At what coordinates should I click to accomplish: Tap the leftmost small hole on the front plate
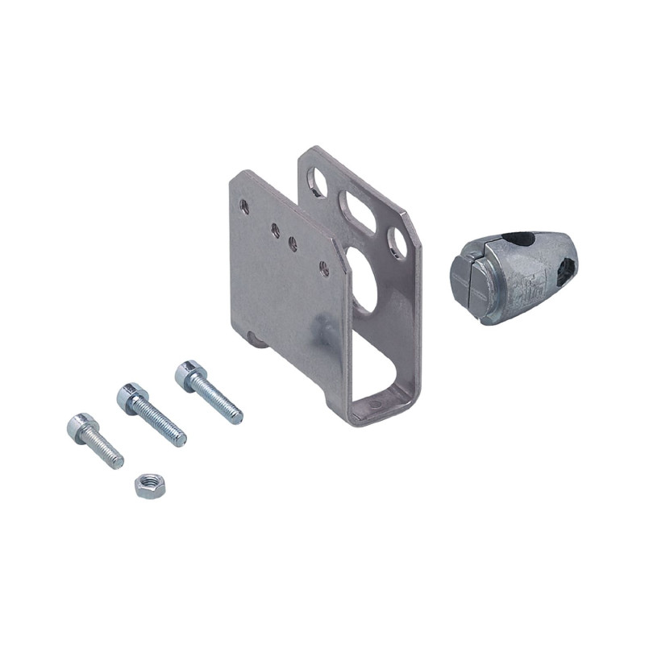click(245, 207)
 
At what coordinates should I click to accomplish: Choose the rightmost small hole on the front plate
click(324, 267)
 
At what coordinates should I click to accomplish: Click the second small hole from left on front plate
click(276, 230)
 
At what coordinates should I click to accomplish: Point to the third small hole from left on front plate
click(292, 242)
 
